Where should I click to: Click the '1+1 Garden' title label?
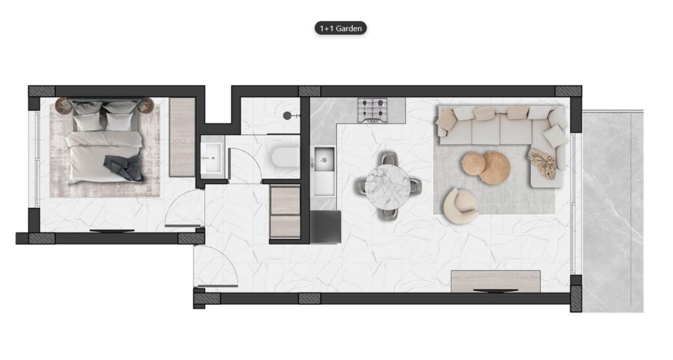340,28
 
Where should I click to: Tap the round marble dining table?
387,187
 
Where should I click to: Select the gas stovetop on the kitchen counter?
373,110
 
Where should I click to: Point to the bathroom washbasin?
212,158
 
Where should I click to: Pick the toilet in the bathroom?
285,157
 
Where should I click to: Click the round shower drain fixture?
287,115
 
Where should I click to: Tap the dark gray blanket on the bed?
124,168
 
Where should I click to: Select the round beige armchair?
460,206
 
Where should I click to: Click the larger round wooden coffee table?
494,168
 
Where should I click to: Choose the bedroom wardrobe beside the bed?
182,137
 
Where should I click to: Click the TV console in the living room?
496,281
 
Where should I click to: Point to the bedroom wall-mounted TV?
112,231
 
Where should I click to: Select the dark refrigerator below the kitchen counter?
325,227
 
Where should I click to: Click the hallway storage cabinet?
285,212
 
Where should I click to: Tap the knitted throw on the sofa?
542,163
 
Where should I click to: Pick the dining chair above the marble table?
388,159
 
